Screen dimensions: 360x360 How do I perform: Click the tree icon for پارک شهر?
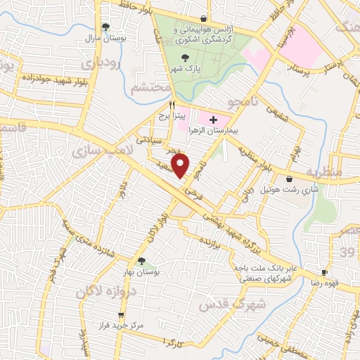[185, 58]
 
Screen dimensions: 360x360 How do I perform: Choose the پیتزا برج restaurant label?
[169, 114]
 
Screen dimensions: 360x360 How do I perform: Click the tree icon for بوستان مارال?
[105, 27]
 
